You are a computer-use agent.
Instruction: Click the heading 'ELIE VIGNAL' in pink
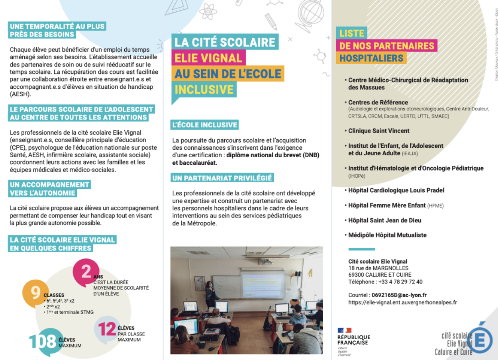pos(208,58)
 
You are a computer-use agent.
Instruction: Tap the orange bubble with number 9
pos(35,293)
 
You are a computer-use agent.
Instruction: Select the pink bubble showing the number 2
pos(86,272)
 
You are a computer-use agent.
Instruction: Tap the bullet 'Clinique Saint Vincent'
pos(378,131)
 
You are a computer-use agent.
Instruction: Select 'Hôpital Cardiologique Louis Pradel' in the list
pos(396,190)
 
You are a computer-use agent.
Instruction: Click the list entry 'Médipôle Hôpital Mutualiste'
pos(387,235)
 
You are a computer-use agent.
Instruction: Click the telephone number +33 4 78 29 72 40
pos(399,282)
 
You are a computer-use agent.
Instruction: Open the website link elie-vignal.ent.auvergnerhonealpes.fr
pos(402,302)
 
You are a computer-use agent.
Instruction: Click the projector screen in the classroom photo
pos(263,283)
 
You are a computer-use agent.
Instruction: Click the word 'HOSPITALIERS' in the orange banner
pos(371,59)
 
